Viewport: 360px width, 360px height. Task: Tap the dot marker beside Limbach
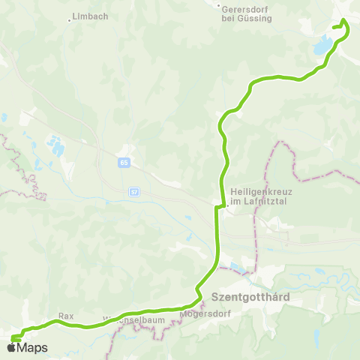click(x=70, y=20)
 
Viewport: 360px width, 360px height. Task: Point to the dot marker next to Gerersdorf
click(x=218, y=7)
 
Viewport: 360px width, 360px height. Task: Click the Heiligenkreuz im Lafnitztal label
click(x=262, y=196)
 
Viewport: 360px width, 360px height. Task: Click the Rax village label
click(x=65, y=316)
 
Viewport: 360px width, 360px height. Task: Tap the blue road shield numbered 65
click(x=123, y=161)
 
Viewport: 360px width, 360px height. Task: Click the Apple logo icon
click(x=12, y=347)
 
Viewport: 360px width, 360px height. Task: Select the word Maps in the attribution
click(x=33, y=347)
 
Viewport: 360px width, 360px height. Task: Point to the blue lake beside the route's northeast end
click(x=322, y=47)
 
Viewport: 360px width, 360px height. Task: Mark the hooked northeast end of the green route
click(x=345, y=22)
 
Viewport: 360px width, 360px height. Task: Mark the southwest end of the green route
click(x=13, y=338)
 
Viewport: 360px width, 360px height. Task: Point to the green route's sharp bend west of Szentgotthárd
click(x=197, y=288)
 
